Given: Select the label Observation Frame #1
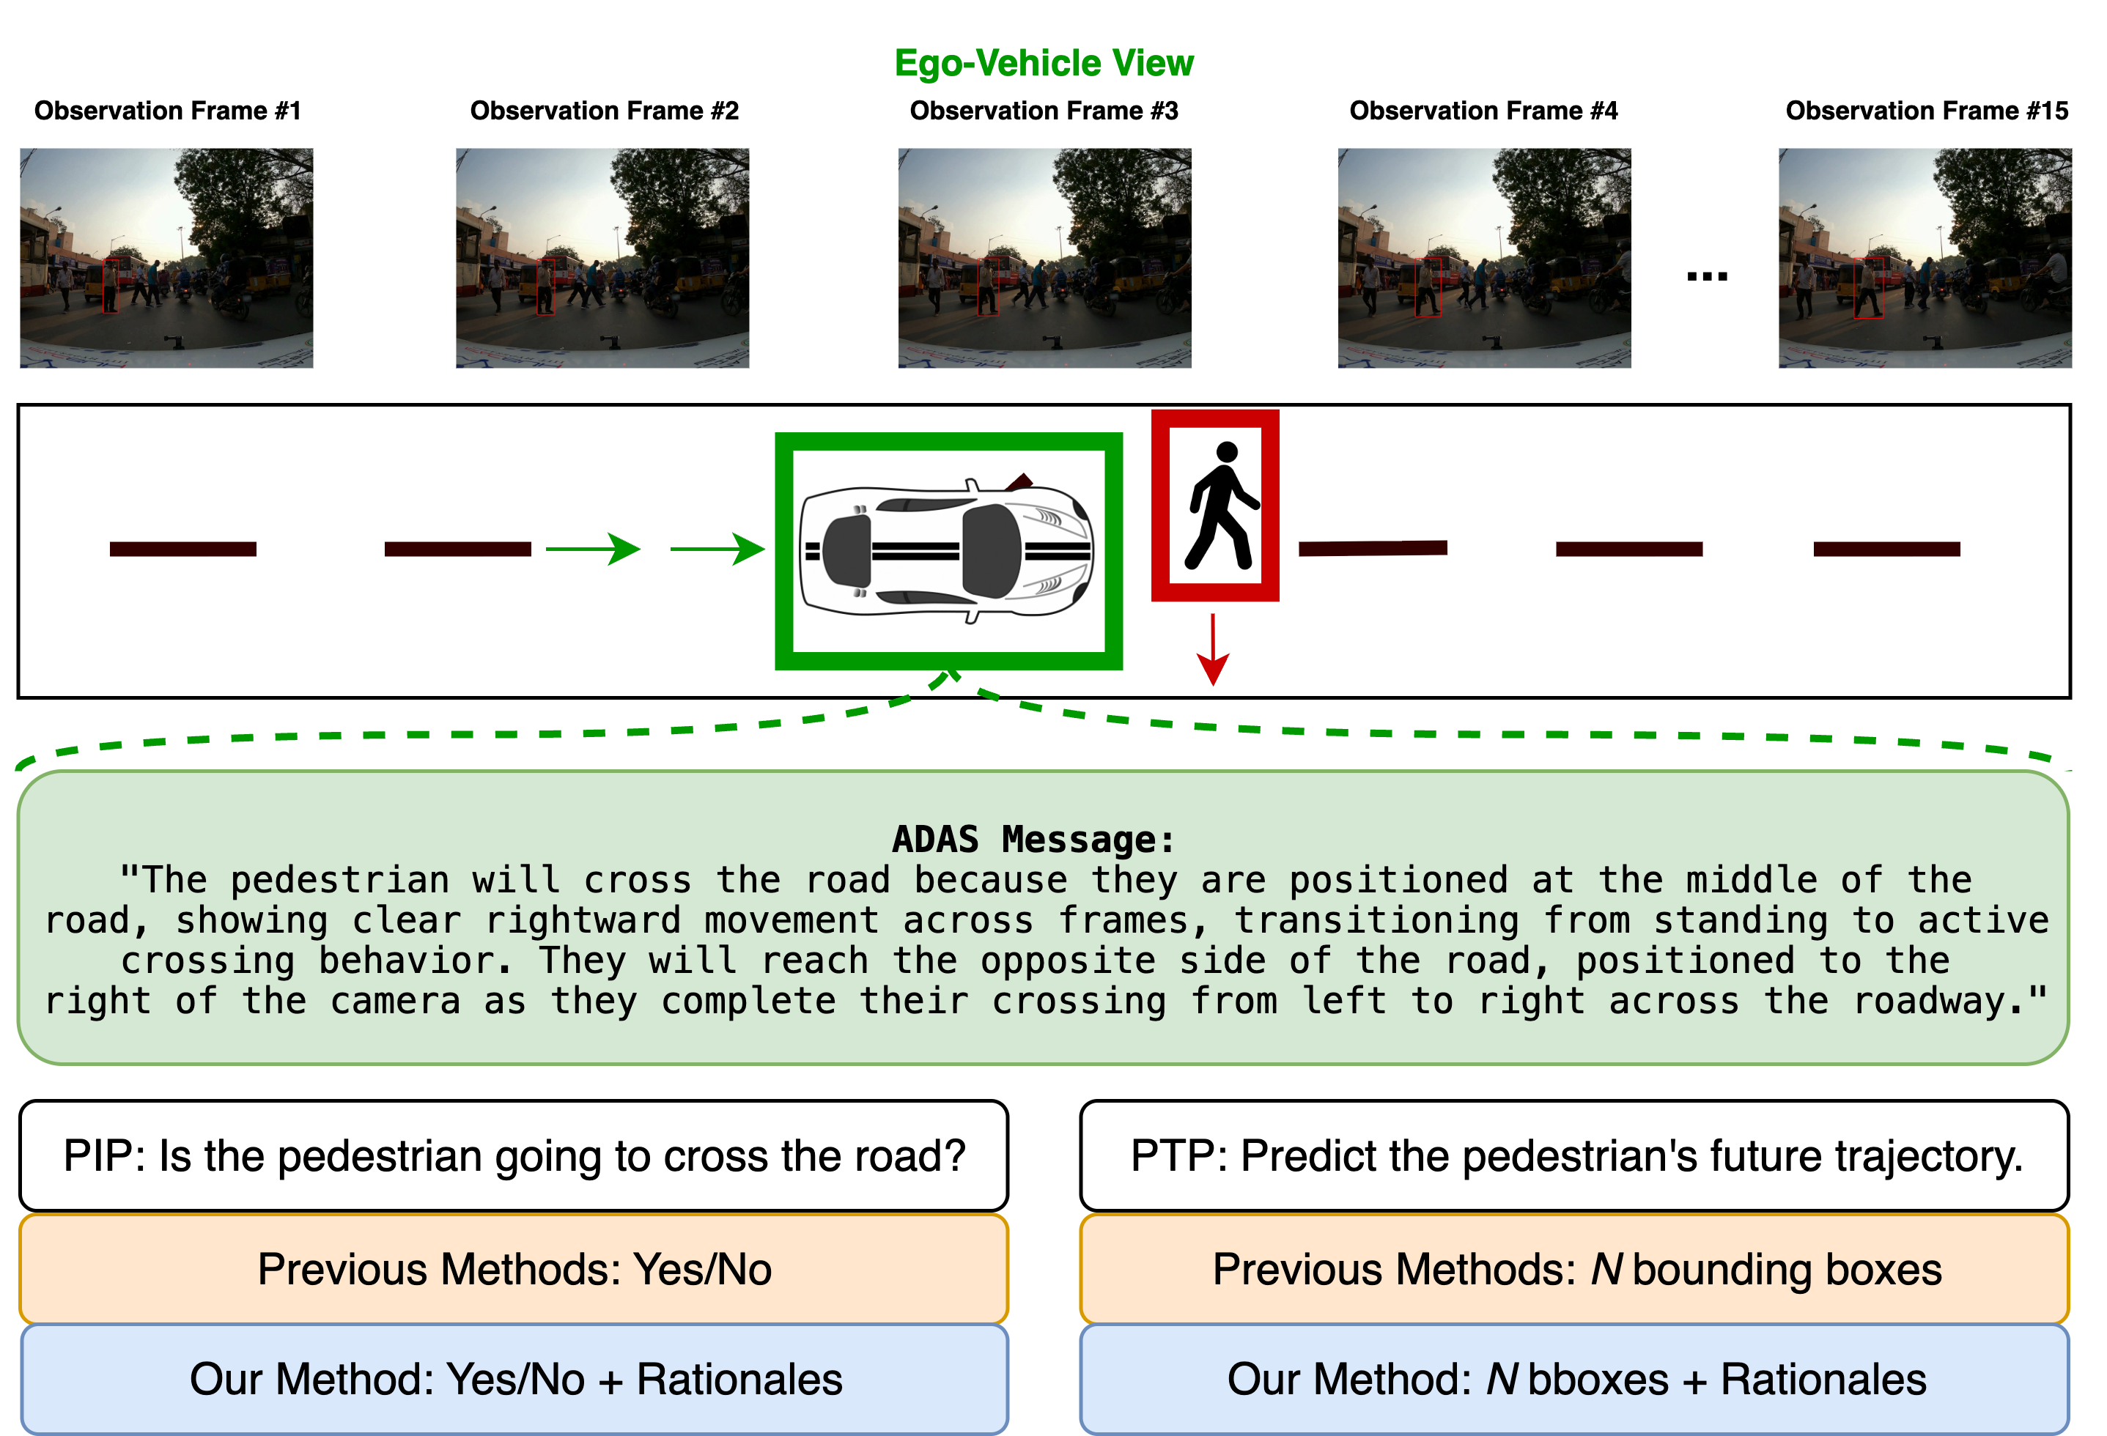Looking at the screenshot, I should point(168,111).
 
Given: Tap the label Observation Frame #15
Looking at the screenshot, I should point(1927,111).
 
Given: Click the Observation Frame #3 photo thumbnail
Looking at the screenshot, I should point(1044,259).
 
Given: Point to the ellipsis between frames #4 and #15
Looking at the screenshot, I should point(1706,275).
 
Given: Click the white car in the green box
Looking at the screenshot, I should point(948,550).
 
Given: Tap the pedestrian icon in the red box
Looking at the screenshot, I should point(1216,505).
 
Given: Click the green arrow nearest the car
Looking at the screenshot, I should point(716,549).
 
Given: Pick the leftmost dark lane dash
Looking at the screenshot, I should point(183,549).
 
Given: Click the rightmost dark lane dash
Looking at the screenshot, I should point(1886,549).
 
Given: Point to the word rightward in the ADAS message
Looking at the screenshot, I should point(582,920).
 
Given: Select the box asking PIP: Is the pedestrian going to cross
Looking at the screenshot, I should point(514,1156).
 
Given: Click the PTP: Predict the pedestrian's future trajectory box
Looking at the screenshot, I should point(1575,1156).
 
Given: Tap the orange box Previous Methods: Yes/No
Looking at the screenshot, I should point(514,1269).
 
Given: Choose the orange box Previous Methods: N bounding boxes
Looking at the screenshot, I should point(1575,1269).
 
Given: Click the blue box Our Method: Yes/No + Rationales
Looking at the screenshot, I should point(514,1379).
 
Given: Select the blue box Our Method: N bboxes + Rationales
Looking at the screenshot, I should point(1575,1379).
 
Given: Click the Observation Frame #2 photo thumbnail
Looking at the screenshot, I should point(603,259).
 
